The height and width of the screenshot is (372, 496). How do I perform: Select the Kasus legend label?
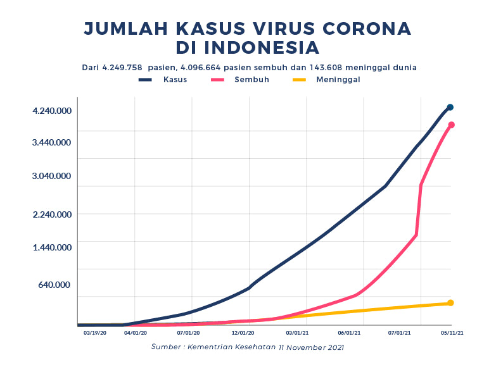[175, 80]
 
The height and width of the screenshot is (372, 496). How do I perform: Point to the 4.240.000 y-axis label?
[52, 111]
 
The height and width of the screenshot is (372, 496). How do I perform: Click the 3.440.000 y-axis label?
[52, 142]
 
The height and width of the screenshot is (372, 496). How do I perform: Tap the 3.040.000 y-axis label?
[52, 176]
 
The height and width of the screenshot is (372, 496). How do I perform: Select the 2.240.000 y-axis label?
[52, 214]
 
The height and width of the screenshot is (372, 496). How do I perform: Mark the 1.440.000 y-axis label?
[52, 247]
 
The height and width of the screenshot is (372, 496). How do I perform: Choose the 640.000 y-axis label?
[56, 285]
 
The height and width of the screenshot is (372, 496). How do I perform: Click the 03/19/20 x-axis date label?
[95, 332]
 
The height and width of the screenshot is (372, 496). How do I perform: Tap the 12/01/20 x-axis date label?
[243, 332]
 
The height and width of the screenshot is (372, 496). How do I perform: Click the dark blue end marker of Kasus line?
[450, 107]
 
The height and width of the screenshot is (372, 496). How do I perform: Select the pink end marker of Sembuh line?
[452, 125]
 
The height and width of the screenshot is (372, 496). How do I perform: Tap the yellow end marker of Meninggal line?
[450, 303]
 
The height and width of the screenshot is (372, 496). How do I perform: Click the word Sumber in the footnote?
[166, 347]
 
